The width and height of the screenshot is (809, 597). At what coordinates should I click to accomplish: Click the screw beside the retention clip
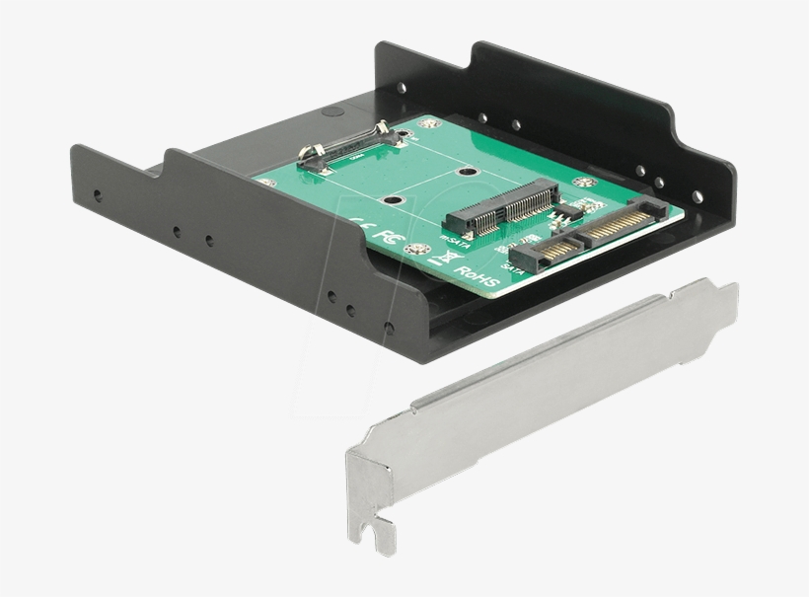point(403,126)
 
